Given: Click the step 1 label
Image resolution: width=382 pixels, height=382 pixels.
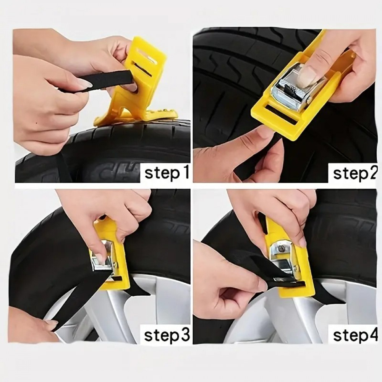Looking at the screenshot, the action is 167,173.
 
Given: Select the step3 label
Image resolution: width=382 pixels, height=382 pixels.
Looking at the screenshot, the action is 167,335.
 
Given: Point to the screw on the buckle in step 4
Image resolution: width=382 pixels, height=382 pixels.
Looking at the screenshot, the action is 282,249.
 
